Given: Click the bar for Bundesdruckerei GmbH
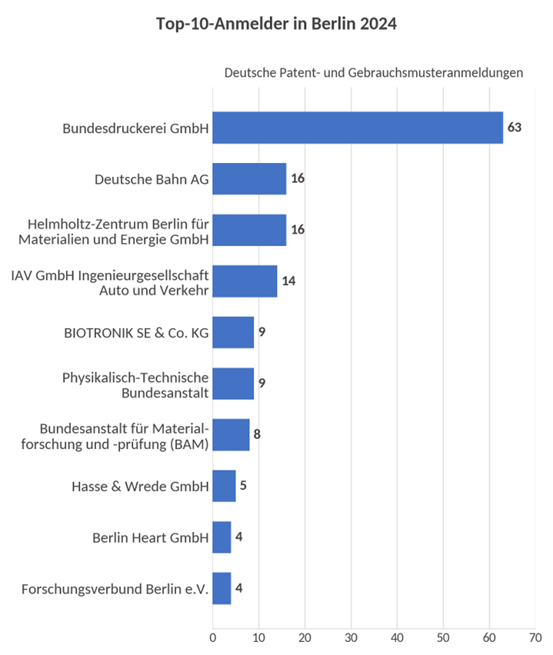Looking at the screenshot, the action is (358, 128).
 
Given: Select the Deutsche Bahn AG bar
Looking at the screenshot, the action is (249, 179).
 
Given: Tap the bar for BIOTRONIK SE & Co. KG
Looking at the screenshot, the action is (233, 333).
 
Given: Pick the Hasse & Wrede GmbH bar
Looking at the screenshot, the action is (224, 486).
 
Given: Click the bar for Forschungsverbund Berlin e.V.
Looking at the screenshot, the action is (222, 588).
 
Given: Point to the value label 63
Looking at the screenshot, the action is (515, 127).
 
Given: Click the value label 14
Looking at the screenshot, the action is (289, 281).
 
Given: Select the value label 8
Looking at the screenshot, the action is (257, 434).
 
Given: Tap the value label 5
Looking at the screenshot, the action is (243, 485).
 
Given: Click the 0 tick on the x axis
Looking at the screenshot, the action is (213, 638).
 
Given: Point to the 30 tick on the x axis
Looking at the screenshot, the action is (351, 638).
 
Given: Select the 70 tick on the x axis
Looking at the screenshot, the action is (535, 638).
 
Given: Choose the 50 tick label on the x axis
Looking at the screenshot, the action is (443, 638).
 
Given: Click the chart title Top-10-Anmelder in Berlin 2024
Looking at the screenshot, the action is (276, 24).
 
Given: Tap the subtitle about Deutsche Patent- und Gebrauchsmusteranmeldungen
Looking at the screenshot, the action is (374, 73).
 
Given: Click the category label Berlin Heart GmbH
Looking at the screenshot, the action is (151, 537).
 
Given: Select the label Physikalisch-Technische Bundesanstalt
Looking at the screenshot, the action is (135, 385).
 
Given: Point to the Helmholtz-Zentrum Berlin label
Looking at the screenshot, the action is (114, 232).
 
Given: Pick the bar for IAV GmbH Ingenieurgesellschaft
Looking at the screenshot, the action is (245, 281).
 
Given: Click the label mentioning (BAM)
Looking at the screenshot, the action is (115, 437).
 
